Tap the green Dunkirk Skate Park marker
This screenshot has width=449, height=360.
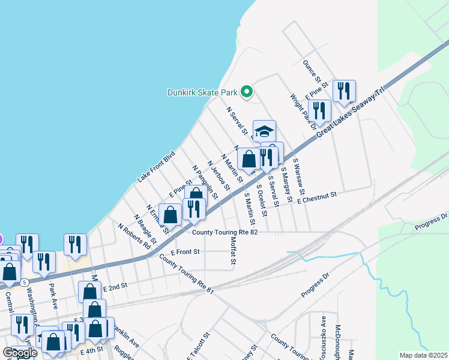tap(246, 92)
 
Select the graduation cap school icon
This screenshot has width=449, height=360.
tap(264, 131)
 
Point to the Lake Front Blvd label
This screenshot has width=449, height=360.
tap(155, 167)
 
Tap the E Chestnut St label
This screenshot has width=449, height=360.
tap(318, 196)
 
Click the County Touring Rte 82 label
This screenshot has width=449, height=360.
tap(224, 233)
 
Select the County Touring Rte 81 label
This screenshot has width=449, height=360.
tap(186, 272)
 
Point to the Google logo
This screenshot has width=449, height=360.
tap(20, 352)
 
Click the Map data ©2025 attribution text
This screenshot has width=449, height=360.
tap(423, 355)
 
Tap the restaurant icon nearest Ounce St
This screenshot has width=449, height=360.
tap(344, 91)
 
